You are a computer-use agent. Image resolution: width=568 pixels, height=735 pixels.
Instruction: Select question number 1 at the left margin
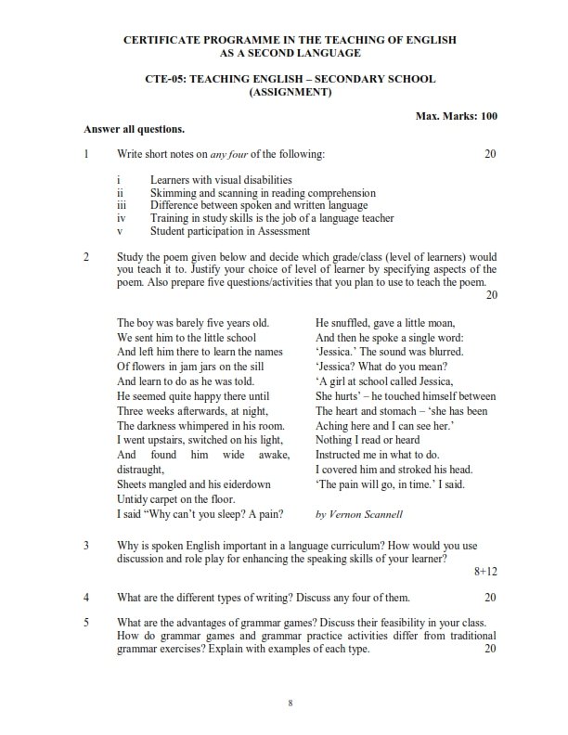tap(85, 153)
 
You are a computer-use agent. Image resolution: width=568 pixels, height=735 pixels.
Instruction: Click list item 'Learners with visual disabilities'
tap(221, 179)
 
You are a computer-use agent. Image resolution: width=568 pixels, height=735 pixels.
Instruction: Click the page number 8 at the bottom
tap(290, 706)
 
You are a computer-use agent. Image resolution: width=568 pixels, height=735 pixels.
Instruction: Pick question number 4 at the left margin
tap(85, 597)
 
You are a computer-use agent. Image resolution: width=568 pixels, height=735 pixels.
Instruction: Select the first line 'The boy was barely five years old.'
tap(192, 323)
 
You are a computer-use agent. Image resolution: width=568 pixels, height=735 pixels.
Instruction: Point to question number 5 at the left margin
tap(85, 622)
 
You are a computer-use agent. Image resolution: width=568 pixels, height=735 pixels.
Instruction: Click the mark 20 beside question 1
tap(491, 153)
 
